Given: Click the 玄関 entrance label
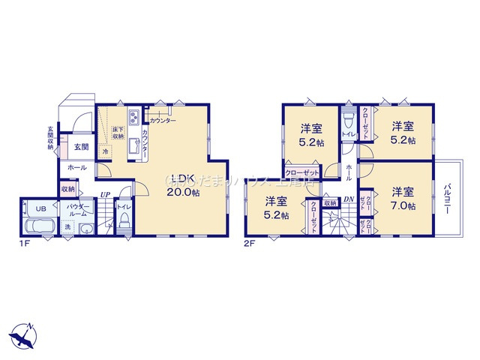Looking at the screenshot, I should [x=81, y=147].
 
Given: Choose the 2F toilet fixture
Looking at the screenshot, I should [x=347, y=124].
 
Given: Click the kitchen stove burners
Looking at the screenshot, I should [x=131, y=118].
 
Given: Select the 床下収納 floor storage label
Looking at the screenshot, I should [x=118, y=133].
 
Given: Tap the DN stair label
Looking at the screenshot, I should [x=349, y=199].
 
